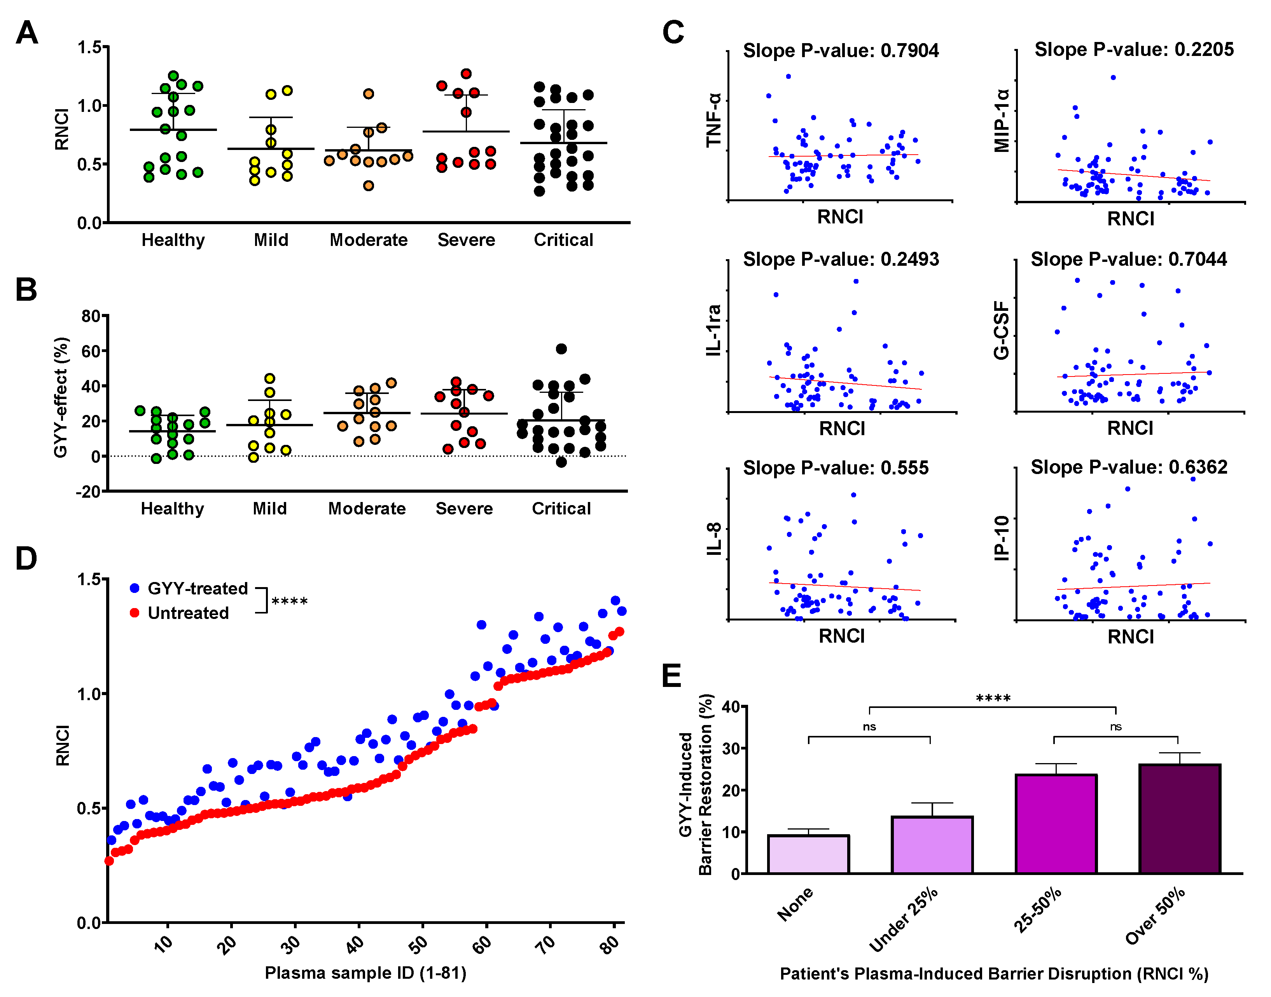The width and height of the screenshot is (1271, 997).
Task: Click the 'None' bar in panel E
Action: (808, 854)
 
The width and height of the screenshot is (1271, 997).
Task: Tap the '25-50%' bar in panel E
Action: (1056, 824)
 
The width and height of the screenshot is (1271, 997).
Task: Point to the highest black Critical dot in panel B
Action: (561, 349)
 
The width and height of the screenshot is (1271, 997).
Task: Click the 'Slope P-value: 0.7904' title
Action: (841, 51)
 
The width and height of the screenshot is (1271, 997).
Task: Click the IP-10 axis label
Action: (1002, 538)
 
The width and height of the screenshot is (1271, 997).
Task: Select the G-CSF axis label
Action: (1002, 330)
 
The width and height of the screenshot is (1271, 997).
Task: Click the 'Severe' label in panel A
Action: (466, 240)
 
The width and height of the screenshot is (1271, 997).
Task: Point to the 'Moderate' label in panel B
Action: (367, 509)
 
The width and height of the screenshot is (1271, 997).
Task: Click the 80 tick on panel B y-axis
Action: (91, 316)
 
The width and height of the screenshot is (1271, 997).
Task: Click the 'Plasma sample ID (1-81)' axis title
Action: (365, 973)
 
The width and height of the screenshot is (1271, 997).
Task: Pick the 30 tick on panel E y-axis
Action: (731, 748)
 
